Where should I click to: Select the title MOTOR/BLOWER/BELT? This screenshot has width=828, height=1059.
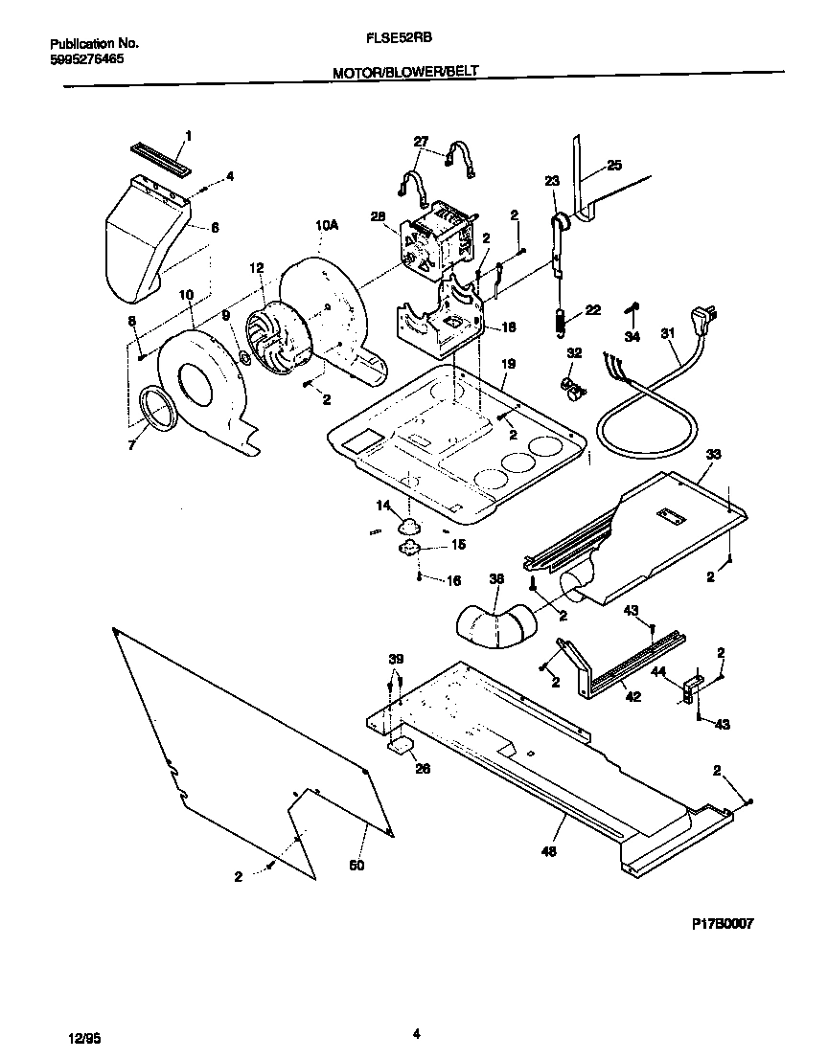point(404,72)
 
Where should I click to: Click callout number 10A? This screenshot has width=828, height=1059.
point(327,225)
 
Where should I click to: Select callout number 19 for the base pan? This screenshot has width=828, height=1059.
point(508,364)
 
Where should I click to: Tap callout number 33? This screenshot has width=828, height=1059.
point(713,454)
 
